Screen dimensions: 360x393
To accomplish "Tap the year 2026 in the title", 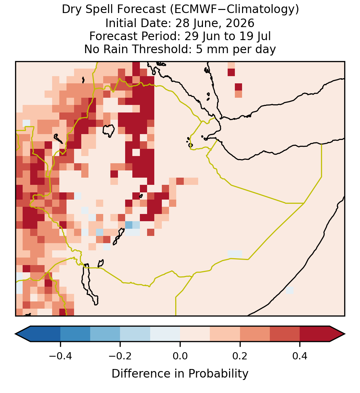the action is (240, 23).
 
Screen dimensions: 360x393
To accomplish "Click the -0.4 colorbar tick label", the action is (60, 356).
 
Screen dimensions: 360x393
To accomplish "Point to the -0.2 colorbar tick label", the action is (120, 356).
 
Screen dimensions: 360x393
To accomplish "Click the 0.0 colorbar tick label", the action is (180, 356).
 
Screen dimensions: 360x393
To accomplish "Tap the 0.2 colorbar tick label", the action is (240, 356).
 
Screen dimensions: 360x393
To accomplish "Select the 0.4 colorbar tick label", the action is (300, 356).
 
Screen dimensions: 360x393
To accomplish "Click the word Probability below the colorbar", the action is (218, 374).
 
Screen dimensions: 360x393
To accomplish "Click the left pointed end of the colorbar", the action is (16, 334).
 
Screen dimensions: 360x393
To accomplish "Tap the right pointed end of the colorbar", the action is (345, 334).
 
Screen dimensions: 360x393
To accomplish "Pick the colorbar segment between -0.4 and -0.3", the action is (75, 334).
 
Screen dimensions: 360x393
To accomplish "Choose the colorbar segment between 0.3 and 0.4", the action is (285, 334).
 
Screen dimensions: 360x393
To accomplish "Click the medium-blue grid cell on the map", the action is (129, 225).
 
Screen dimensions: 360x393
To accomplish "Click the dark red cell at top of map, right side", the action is (231, 72).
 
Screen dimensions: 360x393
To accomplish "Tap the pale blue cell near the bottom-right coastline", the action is (290, 290).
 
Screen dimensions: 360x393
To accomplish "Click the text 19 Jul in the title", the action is (255, 36).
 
